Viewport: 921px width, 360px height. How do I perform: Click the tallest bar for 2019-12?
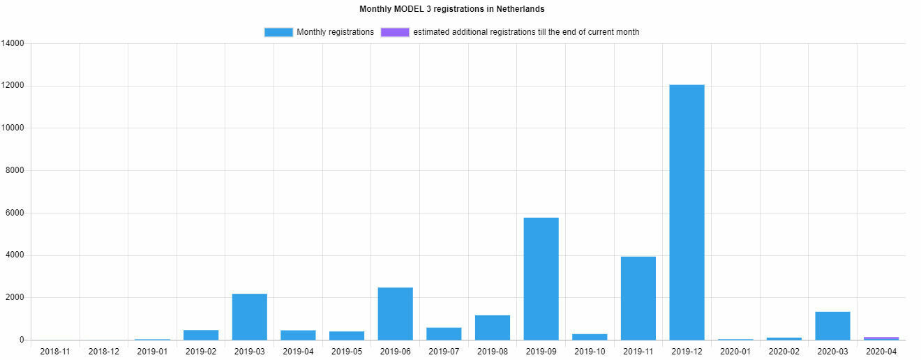click(687, 212)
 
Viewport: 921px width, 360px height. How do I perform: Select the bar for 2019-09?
click(541, 278)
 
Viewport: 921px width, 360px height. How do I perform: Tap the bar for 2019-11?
click(638, 298)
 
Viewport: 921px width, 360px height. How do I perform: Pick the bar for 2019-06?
click(395, 313)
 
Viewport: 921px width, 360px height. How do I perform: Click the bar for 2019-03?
click(249, 317)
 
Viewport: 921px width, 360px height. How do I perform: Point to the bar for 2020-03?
click(832, 326)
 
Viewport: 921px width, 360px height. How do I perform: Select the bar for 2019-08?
click(492, 327)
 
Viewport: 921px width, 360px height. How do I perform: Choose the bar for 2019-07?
click(444, 333)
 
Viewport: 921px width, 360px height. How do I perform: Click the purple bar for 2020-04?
click(881, 338)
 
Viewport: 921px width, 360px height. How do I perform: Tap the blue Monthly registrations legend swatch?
click(278, 32)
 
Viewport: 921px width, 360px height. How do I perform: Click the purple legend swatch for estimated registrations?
click(395, 32)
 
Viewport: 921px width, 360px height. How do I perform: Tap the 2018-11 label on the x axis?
click(55, 351)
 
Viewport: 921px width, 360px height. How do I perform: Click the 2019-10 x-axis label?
click(590, 351)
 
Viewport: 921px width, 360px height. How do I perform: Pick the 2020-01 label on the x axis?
click(735, 351)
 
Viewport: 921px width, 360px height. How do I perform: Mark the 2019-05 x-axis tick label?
click(347, 351)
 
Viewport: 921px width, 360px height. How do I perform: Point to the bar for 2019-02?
click(201, 335)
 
